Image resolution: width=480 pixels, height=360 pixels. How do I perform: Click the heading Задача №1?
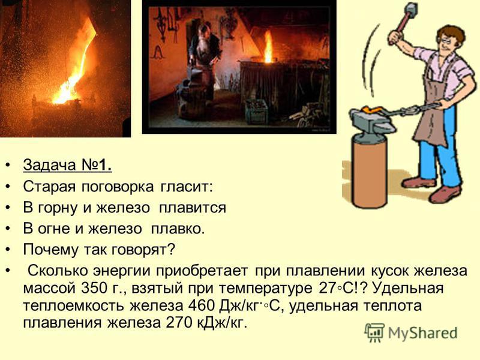pos(67,166)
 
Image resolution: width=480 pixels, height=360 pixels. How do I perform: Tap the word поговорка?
pos(118,187)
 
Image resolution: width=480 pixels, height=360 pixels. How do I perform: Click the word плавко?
pos(178,229)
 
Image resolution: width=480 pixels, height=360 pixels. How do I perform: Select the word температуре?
pos(266,289)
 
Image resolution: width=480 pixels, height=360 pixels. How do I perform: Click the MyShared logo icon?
pos(374,332)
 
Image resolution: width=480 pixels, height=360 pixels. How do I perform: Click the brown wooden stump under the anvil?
pos(370,172)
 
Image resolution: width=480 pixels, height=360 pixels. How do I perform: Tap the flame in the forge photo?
pos(268,47)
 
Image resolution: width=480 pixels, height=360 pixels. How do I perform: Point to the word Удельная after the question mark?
pos(409,289)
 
